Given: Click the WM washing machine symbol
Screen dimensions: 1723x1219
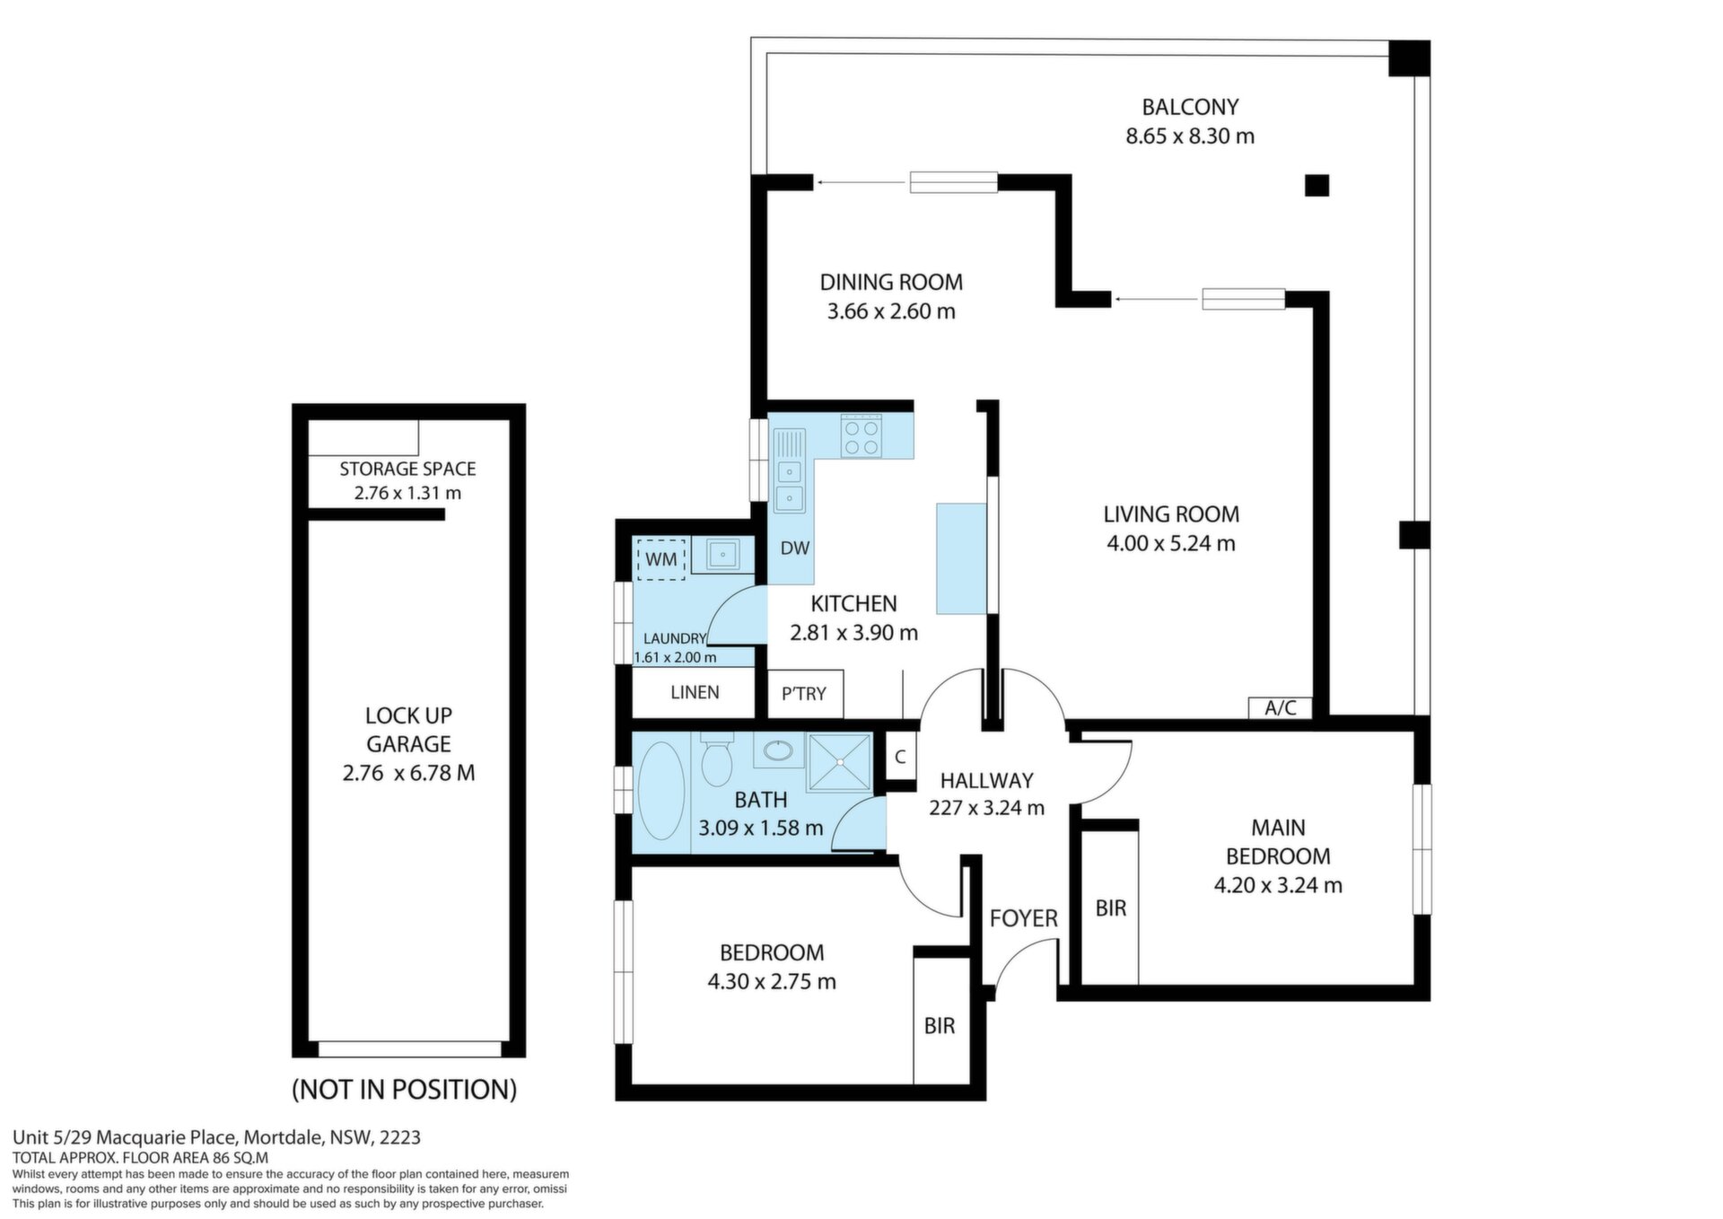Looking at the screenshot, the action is (x=660, y=559).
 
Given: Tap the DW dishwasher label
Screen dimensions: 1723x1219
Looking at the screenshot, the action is (x=795, y=548).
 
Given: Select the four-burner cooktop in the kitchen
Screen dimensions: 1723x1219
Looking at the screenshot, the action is (x=861, y=436).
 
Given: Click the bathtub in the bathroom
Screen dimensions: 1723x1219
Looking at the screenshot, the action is (x=660, y=791).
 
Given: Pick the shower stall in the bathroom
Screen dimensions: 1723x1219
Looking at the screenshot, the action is (x=839, y=763).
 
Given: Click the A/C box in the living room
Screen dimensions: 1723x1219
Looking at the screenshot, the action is (x=1281, y=707).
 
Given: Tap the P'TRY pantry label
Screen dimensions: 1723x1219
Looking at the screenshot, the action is (x=803, y=693).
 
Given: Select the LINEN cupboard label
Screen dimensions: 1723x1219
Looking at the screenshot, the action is (x=695, y=692).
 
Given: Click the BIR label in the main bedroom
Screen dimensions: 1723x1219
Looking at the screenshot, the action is (x=1111, y=908).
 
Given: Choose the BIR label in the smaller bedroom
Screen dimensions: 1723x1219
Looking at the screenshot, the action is (x=940, y=1025).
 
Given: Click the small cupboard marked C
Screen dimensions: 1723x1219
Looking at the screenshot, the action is (x=900, y=757).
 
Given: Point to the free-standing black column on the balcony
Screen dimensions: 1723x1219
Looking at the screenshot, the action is (x=1316, y=185).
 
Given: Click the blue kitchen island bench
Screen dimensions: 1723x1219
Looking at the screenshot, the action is (x=961, y=558).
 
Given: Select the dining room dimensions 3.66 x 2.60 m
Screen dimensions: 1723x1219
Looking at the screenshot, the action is (x=891, y=311).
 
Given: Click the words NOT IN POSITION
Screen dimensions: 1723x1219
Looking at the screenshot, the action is (x=405, y=1090).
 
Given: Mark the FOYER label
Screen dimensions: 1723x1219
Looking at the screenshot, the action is (x=1024, y=918).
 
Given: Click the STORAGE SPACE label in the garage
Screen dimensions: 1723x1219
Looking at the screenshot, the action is (x=407, y=469).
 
